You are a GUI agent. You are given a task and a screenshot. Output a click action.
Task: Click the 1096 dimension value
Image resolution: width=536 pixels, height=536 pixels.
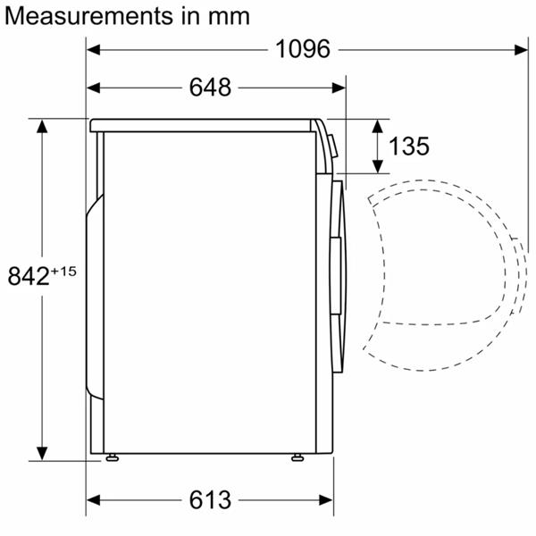pos(303,49)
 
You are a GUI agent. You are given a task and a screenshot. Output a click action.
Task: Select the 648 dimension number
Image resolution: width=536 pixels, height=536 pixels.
pos(210,88)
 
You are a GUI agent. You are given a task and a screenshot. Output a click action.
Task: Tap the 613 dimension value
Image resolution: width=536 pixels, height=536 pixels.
pos(210,499)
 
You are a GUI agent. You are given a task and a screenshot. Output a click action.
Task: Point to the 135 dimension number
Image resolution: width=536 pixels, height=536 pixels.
pos(409,146)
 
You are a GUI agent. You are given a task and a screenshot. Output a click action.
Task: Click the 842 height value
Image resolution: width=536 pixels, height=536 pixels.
pos(29,276)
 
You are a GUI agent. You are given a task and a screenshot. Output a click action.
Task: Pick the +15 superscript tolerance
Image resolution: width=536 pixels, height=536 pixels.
pos(63,272)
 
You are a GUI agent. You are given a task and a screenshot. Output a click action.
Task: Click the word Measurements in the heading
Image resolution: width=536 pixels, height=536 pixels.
pos(88,16)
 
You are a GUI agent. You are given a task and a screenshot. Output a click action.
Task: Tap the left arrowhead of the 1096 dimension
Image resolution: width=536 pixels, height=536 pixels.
pos(93,49)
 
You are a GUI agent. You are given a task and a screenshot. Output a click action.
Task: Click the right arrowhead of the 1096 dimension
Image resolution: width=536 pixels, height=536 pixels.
pos(521,50)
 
